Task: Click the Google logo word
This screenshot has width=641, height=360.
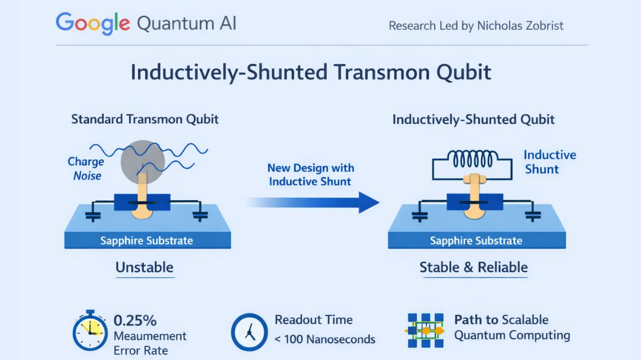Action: (x=92, y=24)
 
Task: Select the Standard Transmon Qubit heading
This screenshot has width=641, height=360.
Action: (x=145, y=119)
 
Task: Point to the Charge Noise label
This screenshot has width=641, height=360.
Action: (x=86, y=168)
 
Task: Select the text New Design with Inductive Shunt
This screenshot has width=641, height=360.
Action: (x=310, y=175)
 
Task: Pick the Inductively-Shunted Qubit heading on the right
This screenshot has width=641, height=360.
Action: (x=473, y=119)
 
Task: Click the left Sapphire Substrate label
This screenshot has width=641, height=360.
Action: (x=146, y=240)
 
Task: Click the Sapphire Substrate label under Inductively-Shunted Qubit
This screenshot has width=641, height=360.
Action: (x=476, y=240)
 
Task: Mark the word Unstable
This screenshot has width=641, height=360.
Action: (x=144, y=267)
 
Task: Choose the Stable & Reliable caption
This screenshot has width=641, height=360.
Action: (x=473, y=267)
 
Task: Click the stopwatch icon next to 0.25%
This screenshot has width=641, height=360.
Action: (x=90, y=331)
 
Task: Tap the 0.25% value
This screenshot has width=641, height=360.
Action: (x=135, y=320)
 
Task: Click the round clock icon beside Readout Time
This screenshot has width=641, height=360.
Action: (x=249, y=332)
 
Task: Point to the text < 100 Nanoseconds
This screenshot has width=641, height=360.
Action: (x=325, y=339)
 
